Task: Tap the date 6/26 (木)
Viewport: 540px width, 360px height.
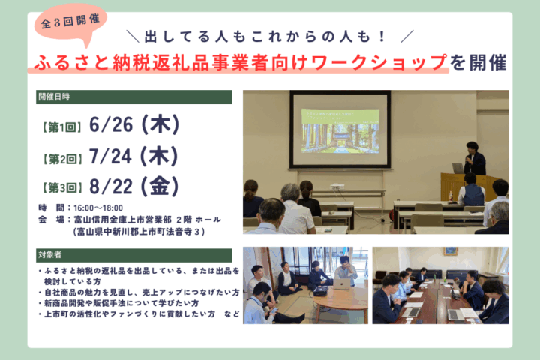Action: tap(134, 124)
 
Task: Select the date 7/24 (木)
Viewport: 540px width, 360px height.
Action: tap(133, 157)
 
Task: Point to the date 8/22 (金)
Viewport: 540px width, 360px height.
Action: tap(134, 186)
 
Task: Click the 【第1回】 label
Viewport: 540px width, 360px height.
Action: tap(62, 127)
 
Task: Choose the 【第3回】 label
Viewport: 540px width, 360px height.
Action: tap(62, 188)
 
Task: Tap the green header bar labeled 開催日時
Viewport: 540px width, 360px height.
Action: tap(134, 97)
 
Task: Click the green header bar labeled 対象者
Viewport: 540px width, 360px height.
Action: tap(134, 255)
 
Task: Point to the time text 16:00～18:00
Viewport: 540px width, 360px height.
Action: tap(98, 208)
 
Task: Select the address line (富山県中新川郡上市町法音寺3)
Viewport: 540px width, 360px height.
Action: tap(139, 232)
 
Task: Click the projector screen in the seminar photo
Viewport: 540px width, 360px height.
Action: tap(340, 130)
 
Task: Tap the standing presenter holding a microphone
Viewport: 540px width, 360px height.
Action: tap(475, 159)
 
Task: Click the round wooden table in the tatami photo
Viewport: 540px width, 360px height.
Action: tap(340, 300)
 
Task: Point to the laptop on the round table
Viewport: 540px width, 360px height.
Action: tap(342, 284)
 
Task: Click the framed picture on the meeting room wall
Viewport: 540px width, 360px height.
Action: tap(451, 251)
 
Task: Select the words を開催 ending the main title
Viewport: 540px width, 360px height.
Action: tap(478, 63)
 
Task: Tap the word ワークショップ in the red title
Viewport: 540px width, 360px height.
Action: tap(379, 63)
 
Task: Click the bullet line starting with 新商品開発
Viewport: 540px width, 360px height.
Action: tap(118, 303)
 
